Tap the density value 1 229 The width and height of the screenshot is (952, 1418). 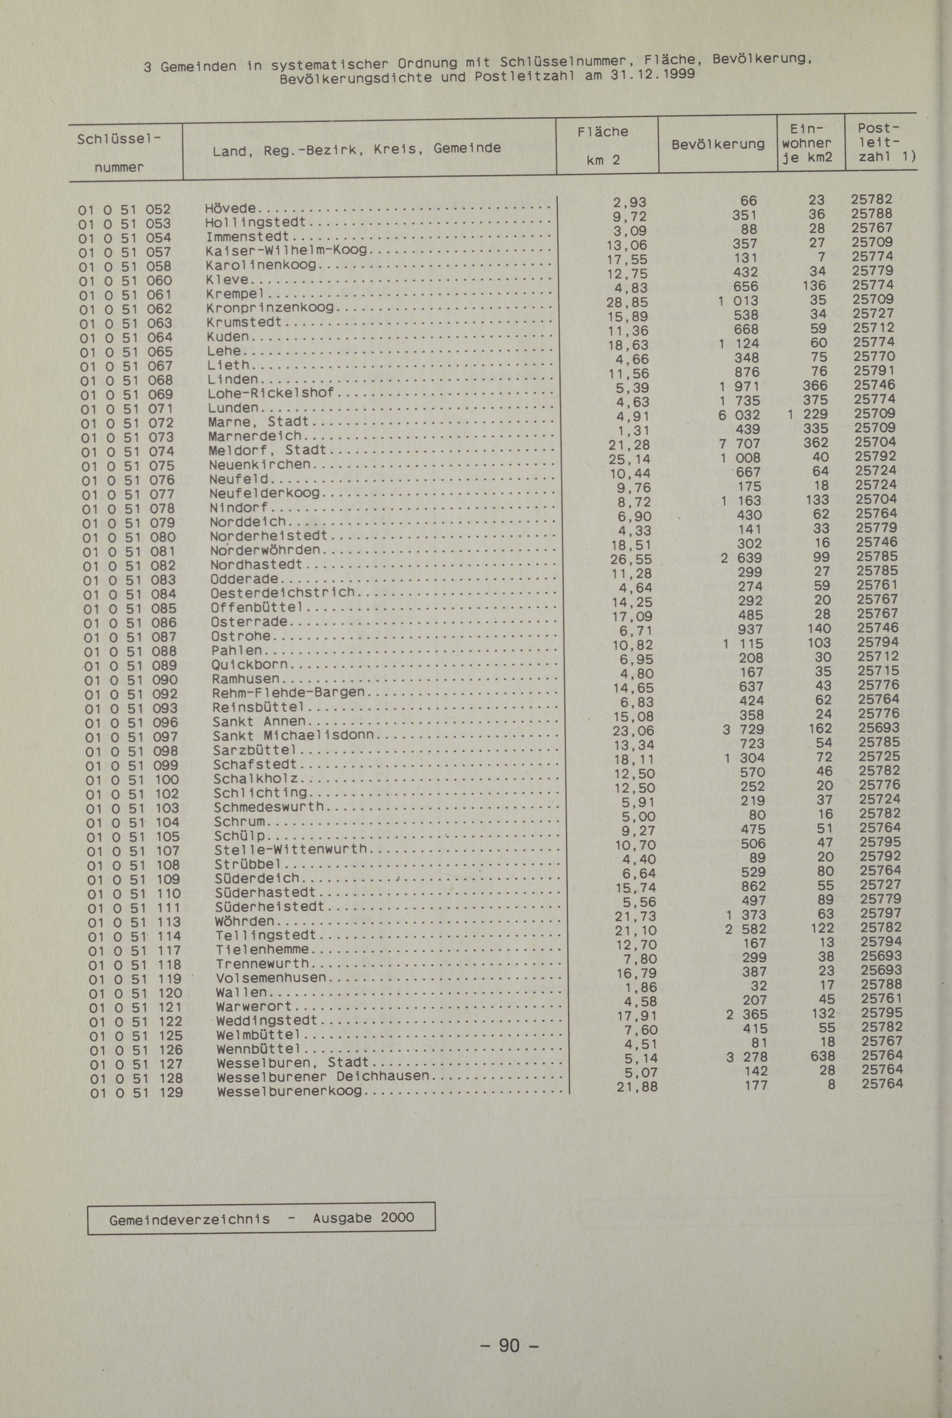point(807,415)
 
